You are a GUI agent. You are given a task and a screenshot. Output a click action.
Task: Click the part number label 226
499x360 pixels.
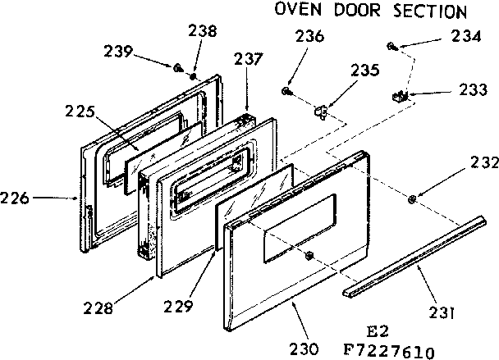[16, 198]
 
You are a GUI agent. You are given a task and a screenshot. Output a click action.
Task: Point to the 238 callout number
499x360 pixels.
[201, 32]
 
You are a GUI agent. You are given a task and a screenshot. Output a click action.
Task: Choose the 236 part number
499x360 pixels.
[309, 36]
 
